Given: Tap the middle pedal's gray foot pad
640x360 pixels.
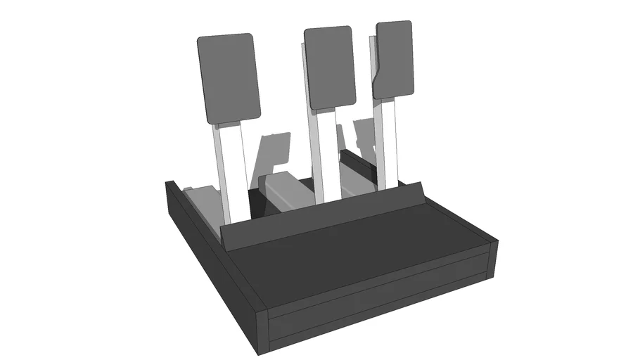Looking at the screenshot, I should [329, 67].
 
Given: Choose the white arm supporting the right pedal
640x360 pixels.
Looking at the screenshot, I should [388, 141].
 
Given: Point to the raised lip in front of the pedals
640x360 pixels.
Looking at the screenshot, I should [324, 214].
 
